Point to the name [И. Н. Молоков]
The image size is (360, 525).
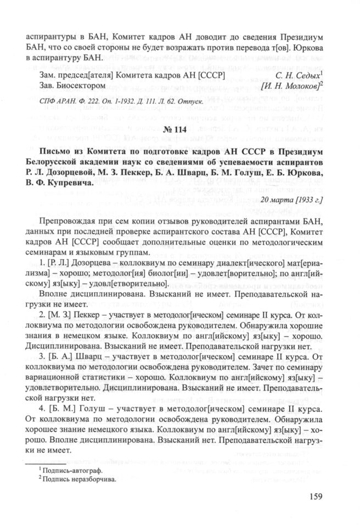click(x=292, y=85)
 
